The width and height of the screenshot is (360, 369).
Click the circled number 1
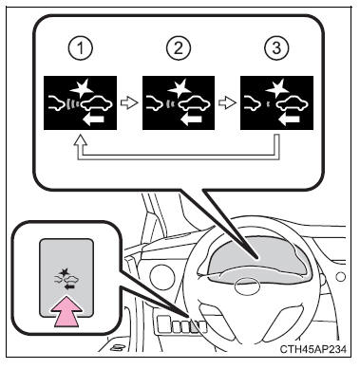click(81, 49)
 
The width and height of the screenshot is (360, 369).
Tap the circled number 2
click(179, 49)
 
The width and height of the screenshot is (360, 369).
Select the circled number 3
click(276, 49)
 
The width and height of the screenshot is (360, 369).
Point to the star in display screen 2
click(180, 89)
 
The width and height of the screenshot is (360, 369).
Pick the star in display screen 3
click(277, 89)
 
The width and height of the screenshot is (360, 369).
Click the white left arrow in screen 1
click(92, 119)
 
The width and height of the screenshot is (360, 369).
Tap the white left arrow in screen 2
click(191, 119)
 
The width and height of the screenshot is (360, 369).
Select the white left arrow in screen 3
click(290, 119)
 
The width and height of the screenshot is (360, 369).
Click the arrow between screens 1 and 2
click(129, 103)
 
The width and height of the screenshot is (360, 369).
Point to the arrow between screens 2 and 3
click(227, 103)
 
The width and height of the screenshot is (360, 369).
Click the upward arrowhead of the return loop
click(81, 139)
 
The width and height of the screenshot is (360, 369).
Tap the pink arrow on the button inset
click(66, 311)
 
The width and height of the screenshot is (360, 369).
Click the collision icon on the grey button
click(66, 279)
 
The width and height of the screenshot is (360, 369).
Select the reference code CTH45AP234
click(313, 349)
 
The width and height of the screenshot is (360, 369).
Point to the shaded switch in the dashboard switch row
click(194, 327)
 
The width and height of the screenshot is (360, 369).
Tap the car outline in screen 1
click(97, 103)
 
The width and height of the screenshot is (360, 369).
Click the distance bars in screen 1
click(72, 104)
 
